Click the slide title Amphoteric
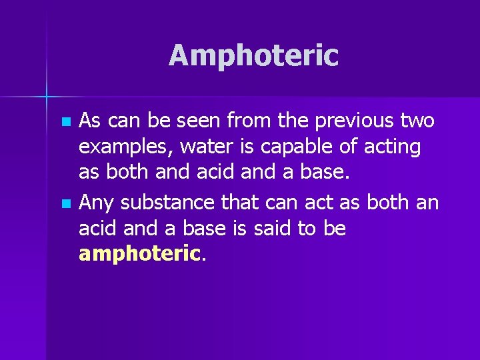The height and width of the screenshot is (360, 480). pos(253,56)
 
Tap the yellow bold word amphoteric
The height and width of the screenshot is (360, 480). pos(139,253)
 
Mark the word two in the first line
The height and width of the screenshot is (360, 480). pos(418,122)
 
